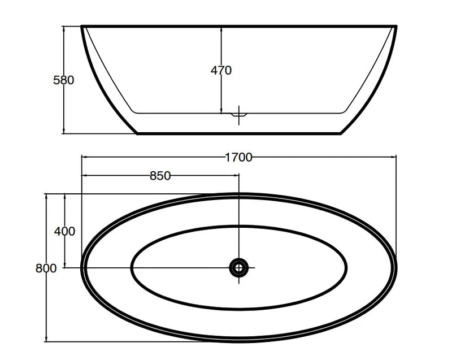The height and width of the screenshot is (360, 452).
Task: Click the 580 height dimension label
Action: [x=63, y=80]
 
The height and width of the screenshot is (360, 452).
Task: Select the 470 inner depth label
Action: [x=221, y=71]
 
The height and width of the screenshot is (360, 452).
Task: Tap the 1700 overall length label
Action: [x=238, y=158]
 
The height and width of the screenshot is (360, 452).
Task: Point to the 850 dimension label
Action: [x=160, y=176]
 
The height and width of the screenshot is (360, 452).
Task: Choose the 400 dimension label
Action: [x=64, y=231]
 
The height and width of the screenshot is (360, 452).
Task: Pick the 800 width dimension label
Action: [x=46, y=268]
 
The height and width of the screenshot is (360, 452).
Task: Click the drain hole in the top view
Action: [x=239, y=267]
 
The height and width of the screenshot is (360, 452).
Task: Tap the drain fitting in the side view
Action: [x=239, y=114]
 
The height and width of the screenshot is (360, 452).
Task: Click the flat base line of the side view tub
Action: [x=239, y=133]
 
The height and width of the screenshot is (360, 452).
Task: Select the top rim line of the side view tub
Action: [x=239, y=26]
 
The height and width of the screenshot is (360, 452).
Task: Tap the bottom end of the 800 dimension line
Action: [x=46, y=341]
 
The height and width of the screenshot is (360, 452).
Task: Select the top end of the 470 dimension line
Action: [x=221, y=27]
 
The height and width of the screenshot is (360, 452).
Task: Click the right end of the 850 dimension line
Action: [x=239, y=175]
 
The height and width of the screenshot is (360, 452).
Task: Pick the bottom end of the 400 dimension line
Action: [x=65, y=267]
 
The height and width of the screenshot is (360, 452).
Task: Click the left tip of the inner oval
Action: [x=131, y=267]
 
